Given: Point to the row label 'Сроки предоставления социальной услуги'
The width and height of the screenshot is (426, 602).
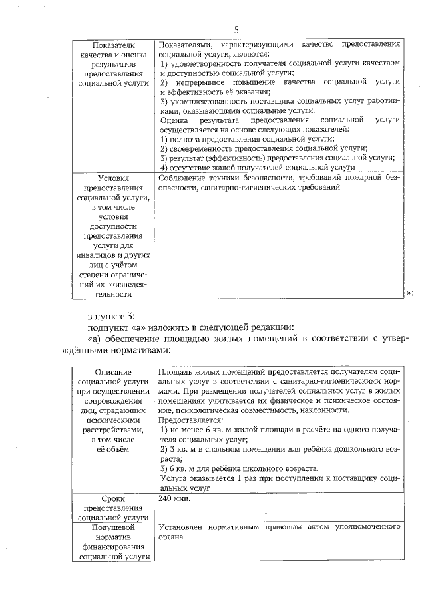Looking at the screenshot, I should point(112,507).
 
